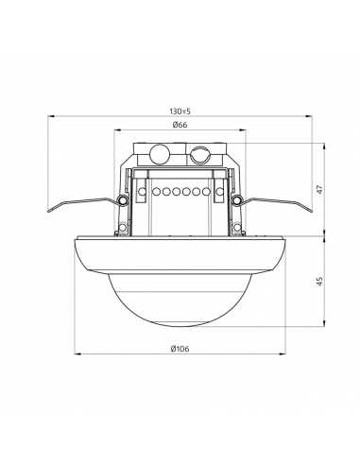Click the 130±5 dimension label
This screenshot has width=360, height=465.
coord(180,112)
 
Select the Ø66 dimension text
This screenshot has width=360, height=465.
coord(180,125)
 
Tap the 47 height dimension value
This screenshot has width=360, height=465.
coord(320,190)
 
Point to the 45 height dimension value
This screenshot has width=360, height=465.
coord(320,282)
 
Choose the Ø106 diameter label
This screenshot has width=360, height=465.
coord(180,349)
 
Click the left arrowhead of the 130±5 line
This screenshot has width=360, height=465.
coord(51,116)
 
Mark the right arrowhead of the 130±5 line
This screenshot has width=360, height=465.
coord(309,116)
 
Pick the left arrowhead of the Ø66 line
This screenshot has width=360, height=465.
coord(117,129)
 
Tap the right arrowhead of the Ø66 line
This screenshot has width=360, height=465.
coord(243,129)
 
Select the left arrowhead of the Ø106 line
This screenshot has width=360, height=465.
coord(77,354)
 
